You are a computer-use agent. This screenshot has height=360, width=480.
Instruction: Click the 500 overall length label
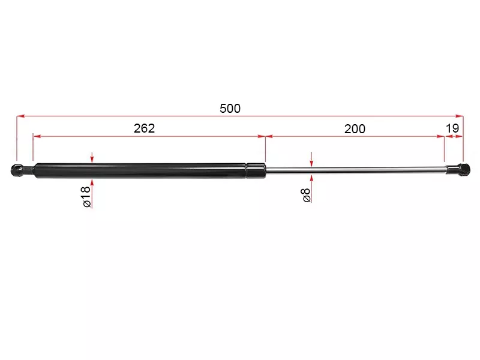(230, 109)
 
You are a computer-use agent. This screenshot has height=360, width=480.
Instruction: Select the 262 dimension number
(144, 128)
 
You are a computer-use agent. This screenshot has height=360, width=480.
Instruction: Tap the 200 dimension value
(355, 129)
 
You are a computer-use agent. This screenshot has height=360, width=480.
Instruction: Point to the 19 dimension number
(452, 128)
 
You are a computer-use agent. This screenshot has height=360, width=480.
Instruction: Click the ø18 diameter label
(86, 197)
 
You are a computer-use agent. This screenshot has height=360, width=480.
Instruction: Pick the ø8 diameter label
(306, 196)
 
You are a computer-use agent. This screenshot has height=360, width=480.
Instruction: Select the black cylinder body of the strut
(140, 170)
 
